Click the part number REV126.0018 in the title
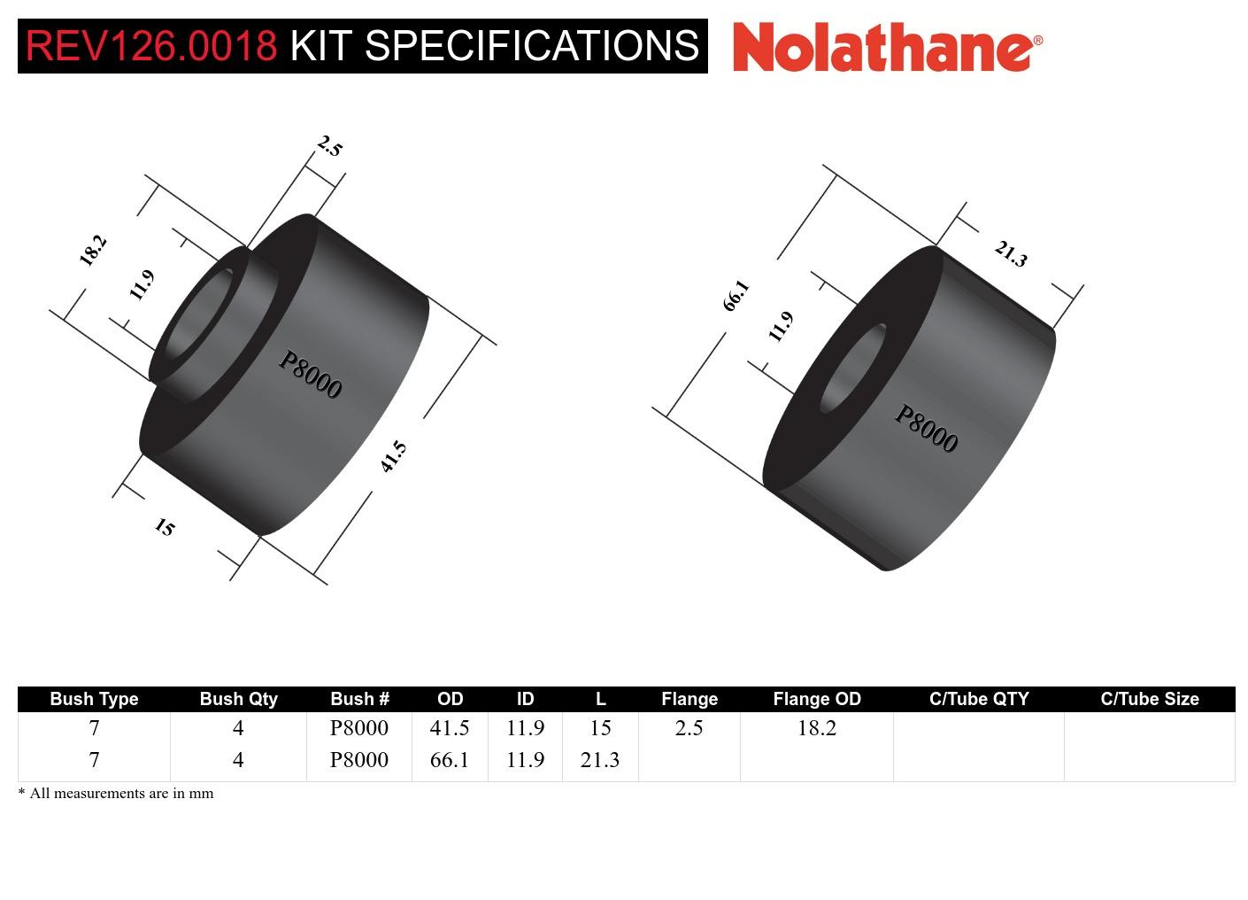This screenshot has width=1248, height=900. (151, 45)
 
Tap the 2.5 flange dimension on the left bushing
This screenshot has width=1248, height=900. (328, 146)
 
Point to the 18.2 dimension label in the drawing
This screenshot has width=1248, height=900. (93, 250)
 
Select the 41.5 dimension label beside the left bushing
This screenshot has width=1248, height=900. (393, 456)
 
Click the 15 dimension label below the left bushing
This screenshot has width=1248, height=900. (165, 527)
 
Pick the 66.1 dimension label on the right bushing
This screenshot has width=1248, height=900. (736, 295)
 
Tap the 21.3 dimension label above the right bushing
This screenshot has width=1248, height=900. (1010, 254)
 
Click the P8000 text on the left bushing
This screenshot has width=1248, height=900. (310, 375)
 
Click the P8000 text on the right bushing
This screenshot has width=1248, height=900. (926, 429)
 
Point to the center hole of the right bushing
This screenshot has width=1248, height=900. (853, 368)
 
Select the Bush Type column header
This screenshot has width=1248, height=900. (94, 699)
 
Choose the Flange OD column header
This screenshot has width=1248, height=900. (816, 699)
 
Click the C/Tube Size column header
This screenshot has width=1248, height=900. (1149, 699)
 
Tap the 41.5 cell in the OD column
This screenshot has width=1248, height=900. (449, 728)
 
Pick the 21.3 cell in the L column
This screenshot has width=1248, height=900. (599, 760)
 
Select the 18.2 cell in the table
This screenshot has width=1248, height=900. (816, 728)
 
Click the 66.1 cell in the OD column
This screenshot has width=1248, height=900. (449, 760)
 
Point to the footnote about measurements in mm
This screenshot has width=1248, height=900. (116, 794)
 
